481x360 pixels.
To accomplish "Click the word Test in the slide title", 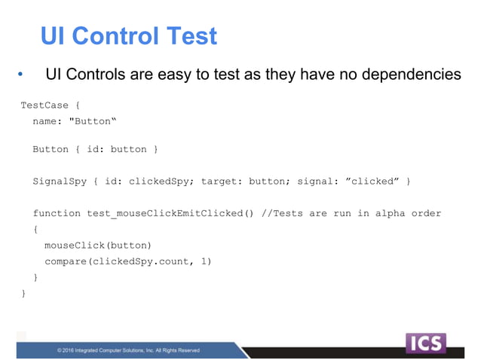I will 191,35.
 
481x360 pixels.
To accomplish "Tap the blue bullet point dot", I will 21,75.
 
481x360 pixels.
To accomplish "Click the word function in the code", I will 57,213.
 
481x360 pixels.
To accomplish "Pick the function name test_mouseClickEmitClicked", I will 164,213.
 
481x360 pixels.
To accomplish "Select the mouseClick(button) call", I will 98,246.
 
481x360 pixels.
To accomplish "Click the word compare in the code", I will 66,261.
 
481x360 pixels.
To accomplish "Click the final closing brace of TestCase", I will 23,293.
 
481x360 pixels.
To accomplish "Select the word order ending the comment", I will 425,213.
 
